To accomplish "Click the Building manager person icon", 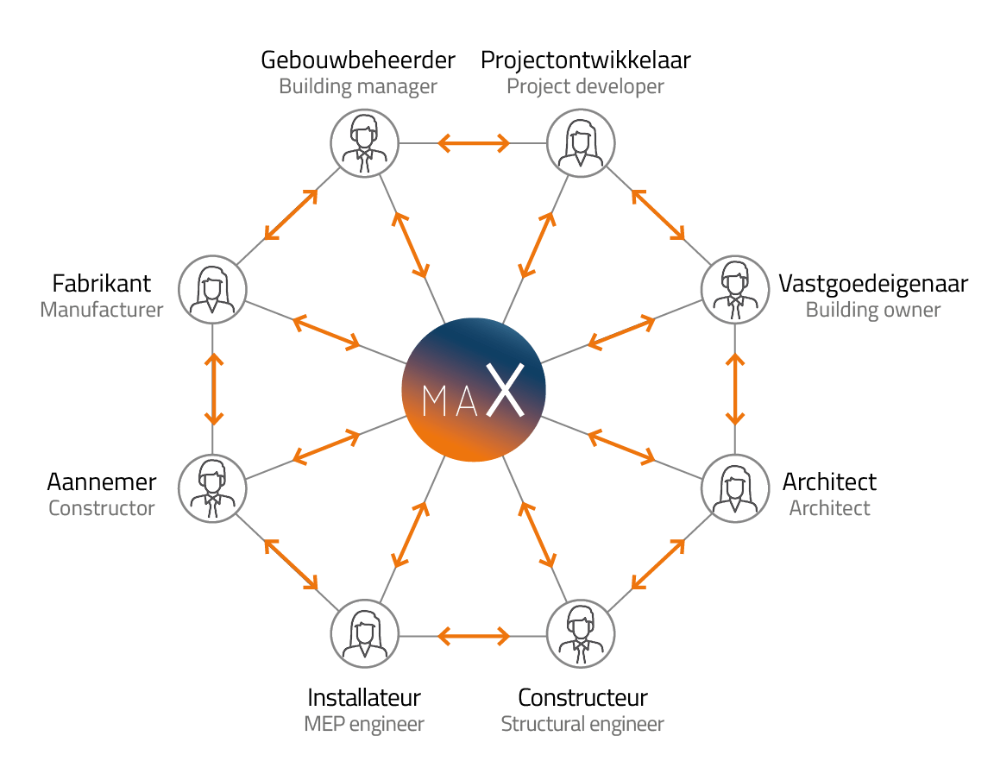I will click(365, 143).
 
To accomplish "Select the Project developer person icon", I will click(582, 143).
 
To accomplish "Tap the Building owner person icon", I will click(734, 289).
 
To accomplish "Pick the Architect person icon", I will click(734, 488).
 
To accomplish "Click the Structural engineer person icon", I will click(582, 633).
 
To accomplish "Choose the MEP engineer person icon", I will click(365, 633).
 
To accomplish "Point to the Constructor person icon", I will click(212, 488).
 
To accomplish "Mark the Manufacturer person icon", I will click(212, 289).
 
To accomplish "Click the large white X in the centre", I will click(505, 390).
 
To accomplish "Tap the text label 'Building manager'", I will click(357, 86).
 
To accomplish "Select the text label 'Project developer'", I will click(585, 86).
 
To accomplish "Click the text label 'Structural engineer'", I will click(582, 724).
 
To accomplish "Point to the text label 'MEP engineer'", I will click(364, 724).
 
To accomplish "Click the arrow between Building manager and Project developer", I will click(474, 143).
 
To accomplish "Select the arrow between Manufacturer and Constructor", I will click(214, 388).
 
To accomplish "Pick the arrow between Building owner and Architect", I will click(735, 388).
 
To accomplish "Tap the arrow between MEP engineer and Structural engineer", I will click(474, 637).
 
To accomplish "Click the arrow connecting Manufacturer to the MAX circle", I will click(325, 333).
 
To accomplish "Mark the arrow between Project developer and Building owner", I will click(658, 215).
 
